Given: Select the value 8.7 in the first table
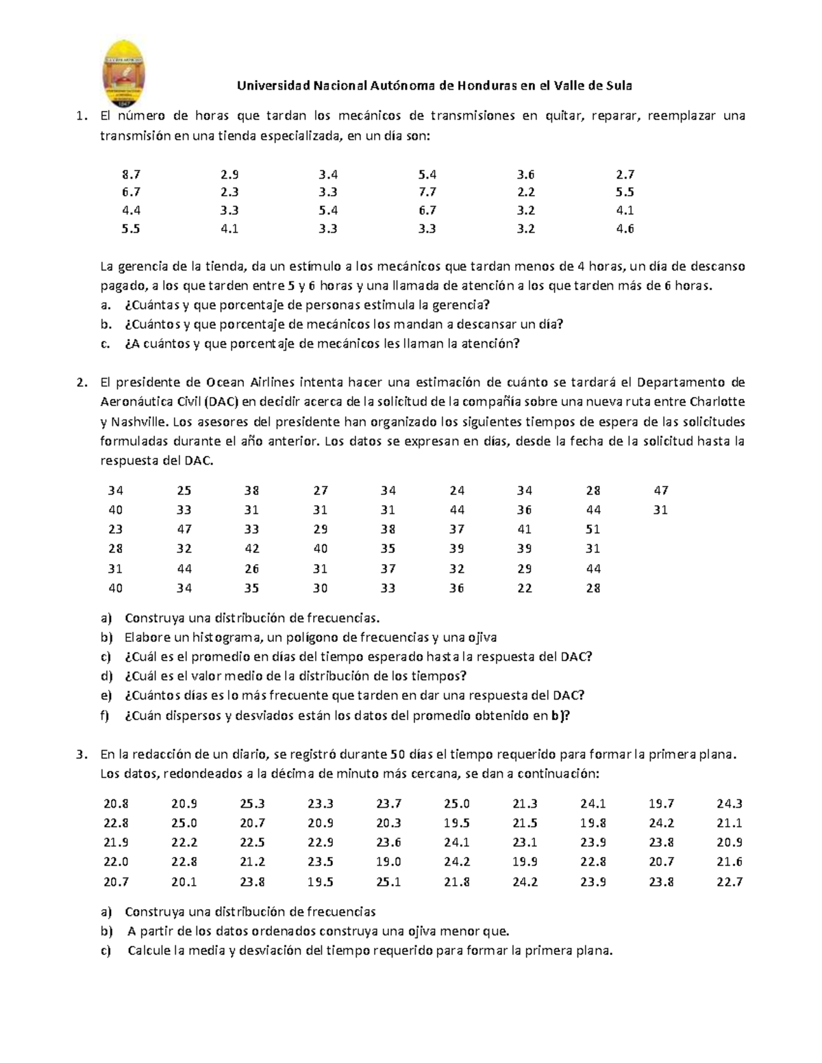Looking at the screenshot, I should click(131, 175).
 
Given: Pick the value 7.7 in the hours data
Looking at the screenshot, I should click(427, 192).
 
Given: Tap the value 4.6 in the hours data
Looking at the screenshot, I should click(625, 229).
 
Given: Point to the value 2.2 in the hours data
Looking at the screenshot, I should click(526, 192).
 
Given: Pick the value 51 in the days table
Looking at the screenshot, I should click(593, 529).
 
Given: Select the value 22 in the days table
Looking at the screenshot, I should click(525, 588).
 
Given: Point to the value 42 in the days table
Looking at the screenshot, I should click(252, 548).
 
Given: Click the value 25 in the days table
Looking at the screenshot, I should click(184, 490).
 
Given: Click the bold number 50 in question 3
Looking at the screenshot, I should click(397, 755).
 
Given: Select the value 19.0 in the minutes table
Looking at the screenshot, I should click(388, 862).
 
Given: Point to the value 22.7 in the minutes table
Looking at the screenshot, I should click(730, 882).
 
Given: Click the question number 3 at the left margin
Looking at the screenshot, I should click(81, 755).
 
